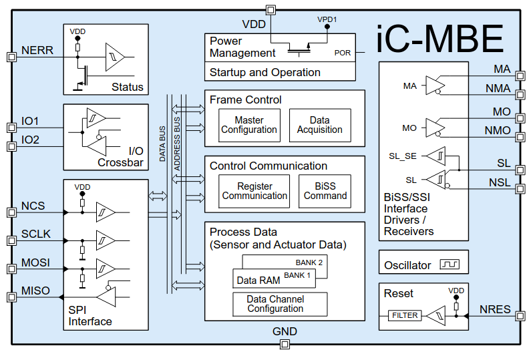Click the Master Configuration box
click(248, 125)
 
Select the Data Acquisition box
click(320, 125)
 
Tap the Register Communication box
click(254, 191)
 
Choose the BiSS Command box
click(325, 191)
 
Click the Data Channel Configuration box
click(280, 304)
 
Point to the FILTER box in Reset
click(405, 315)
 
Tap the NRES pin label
click(495, 310)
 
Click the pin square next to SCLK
click(11, 240)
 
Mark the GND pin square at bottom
click(285, 344)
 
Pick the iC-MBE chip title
click(439, 39)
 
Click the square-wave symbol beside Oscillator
click(450, 265)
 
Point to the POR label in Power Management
click(343, 52)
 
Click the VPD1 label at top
click(327, 20)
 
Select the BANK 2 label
click(309, 262)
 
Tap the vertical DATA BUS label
click(163, 144)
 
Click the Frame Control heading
click(246, 100)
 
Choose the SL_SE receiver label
click(403, 156)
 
